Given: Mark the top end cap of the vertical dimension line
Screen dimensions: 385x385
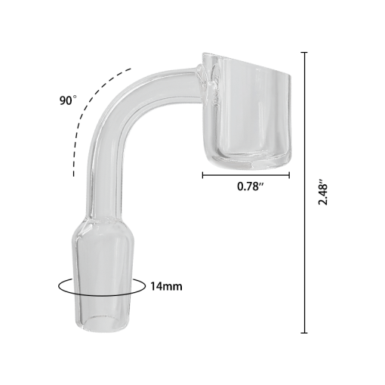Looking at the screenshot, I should coord(304,53).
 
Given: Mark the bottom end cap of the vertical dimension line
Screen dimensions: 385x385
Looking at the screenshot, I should coord(304,332).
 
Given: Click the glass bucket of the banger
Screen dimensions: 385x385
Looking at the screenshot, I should coord(247,113).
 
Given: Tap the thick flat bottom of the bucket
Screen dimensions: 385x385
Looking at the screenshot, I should coord(247,159).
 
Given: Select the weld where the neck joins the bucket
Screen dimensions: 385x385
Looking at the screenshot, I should coord(204,79).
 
